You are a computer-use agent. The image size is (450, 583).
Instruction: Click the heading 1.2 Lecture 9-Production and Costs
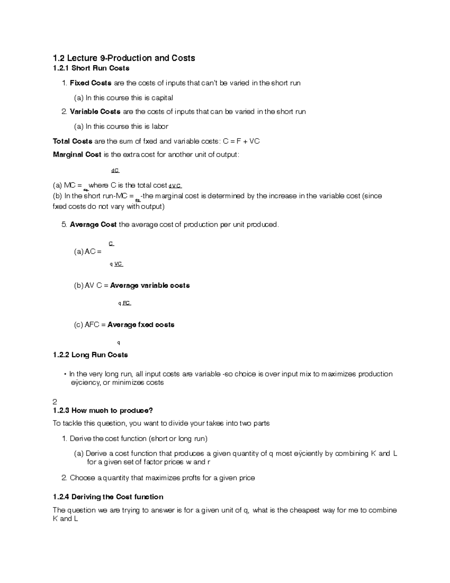pos(124,58)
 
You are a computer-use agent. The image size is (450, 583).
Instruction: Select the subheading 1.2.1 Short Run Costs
pos(91,68)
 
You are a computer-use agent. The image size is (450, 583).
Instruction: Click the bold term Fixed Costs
pos(90,83)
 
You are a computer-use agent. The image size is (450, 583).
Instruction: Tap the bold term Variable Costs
pos(95,111)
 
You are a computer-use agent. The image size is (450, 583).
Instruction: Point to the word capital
pos(162,98)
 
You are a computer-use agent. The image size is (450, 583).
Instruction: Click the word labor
pos(160,127)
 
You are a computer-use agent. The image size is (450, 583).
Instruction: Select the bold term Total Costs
pos(72,141)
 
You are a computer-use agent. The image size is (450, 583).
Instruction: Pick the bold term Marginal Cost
pos(77,154)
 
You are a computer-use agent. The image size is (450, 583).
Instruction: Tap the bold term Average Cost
pos(93,224)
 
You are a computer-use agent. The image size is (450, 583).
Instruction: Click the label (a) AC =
pos(88,252)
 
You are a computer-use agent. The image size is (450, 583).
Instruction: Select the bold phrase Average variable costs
pos(150,286)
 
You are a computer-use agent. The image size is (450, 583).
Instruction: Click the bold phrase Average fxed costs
pos(141,325)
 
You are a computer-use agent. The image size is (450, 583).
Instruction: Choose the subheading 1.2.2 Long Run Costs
pos(90,355)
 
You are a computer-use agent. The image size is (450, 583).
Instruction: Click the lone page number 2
pos(55,401)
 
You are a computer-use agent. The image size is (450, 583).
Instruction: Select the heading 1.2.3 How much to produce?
pos(103,410)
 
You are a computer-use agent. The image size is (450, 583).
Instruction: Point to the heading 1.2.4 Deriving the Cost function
pos(108,497)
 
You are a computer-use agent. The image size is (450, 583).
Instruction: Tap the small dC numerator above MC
pos(115,171)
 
